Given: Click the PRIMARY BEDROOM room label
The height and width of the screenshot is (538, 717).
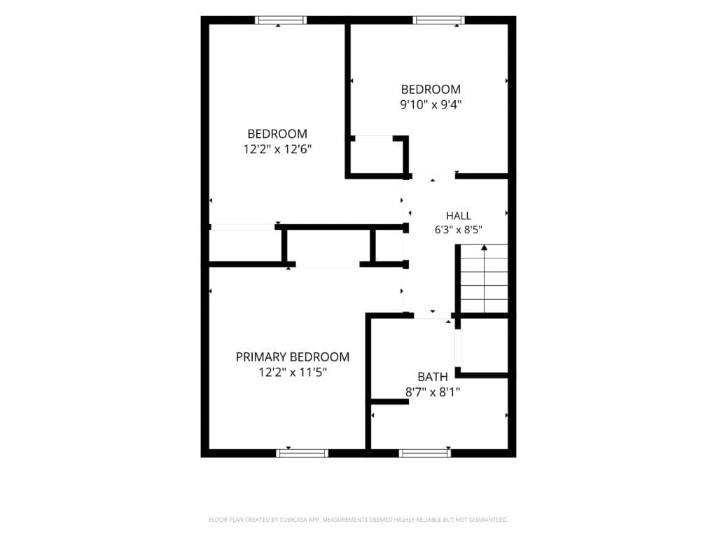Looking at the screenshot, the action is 293,357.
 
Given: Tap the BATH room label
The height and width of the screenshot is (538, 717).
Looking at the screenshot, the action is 433,377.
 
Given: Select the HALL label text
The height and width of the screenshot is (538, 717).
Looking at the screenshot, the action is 458,216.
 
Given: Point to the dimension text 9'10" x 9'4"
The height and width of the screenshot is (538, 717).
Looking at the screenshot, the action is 431,105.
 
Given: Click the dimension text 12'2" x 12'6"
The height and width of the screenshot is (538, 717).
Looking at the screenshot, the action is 277,149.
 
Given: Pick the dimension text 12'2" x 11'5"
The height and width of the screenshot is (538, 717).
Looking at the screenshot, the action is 293,373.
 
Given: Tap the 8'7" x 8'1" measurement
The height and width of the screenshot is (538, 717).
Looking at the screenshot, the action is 433,392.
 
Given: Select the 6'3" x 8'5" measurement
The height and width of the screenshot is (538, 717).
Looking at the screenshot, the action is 458,230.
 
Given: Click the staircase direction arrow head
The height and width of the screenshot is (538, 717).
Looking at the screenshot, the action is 485,248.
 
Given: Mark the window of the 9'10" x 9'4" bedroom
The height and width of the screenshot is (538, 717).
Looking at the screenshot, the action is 438,20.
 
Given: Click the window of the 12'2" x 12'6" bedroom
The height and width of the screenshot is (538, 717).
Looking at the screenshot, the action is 281,20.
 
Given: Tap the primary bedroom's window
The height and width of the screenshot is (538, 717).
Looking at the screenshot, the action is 302,453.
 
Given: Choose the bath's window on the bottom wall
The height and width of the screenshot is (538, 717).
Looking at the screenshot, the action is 425,453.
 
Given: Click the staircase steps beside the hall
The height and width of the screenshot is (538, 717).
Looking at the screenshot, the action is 484,279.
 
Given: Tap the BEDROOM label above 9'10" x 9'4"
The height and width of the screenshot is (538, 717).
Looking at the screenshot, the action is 431,89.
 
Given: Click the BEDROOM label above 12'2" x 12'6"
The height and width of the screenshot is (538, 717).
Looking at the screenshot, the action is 277,134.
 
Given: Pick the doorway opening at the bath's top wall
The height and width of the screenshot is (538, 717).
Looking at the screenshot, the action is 433,316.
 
